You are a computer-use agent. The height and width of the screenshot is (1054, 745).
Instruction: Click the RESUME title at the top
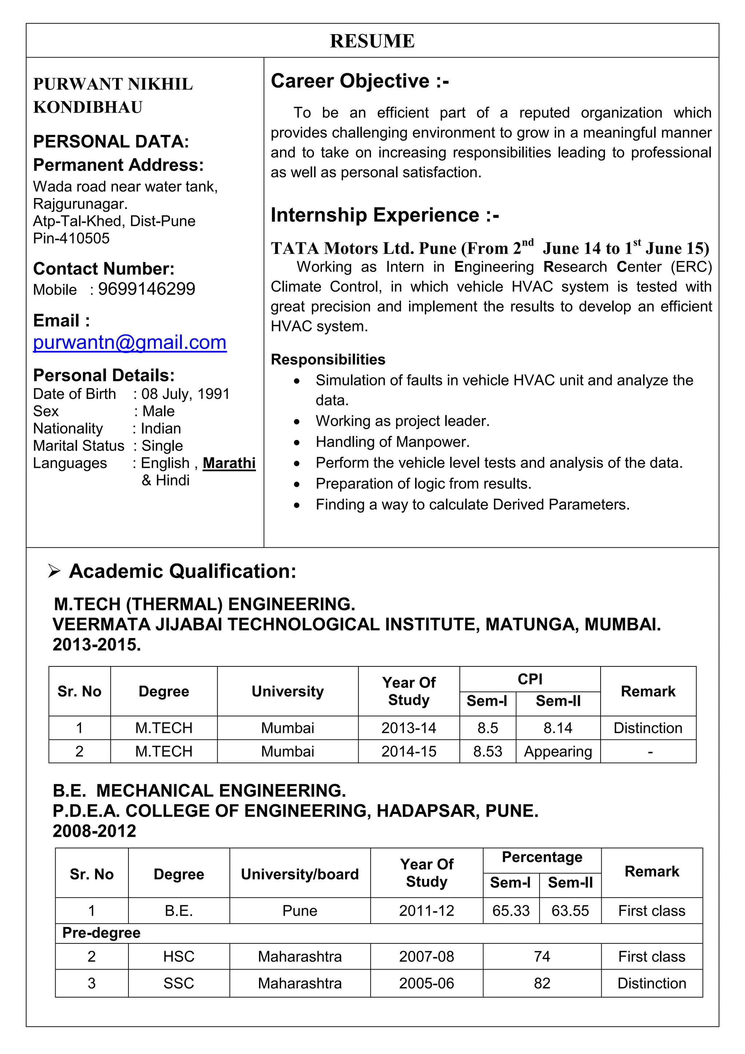[x=372, y=41]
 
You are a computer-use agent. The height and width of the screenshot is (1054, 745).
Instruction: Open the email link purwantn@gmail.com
[x=130, y=342]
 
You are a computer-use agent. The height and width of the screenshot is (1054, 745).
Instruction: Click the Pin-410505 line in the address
[x=71, y=238]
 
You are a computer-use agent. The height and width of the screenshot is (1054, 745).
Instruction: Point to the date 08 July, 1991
[x=185, y=394]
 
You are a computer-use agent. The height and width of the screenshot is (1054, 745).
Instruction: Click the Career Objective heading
[x=360, y=81]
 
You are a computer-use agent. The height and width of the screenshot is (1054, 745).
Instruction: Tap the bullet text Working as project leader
[x=402, y=421]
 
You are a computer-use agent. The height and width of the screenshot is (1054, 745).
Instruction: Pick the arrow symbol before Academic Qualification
[x=54, y=571]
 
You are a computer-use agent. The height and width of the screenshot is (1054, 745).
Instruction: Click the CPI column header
[x=530, y=679]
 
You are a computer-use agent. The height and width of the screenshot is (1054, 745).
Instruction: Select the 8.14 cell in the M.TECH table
[x=558, y=728]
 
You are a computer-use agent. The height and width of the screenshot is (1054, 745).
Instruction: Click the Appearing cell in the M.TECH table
[x=558, y=752]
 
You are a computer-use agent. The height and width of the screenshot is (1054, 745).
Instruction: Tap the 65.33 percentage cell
[x=511, y=911]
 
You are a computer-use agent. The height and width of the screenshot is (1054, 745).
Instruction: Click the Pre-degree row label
[x=101, y=933]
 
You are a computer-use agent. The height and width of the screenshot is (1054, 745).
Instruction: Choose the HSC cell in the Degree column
[x=179, y=957]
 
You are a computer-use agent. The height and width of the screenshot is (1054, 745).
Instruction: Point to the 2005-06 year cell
[x=426, y=983]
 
